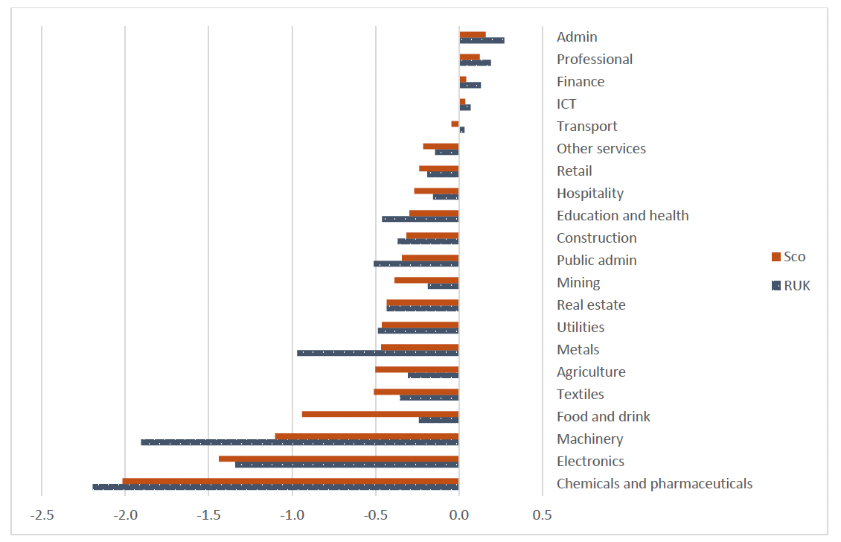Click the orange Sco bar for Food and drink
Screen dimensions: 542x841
coord(380,414)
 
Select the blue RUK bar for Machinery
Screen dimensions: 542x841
coord(299,442)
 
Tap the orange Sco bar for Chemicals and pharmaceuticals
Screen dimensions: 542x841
coord(290,481)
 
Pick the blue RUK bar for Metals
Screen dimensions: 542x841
coord(377,353)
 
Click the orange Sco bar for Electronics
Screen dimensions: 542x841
coord(338,459)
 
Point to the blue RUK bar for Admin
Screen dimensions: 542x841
coord(482,40)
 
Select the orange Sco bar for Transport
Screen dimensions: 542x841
coord(455,124)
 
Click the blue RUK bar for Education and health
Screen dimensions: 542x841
coord(420,219)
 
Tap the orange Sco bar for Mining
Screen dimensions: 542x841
coord(426,280)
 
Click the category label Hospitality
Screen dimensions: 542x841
coord(589,194)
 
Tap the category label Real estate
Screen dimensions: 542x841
coord(591,305)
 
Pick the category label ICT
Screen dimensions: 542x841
coord(566,104)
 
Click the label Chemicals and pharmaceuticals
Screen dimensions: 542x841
coord(654,484)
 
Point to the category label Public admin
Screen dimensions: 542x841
coord(596,261)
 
